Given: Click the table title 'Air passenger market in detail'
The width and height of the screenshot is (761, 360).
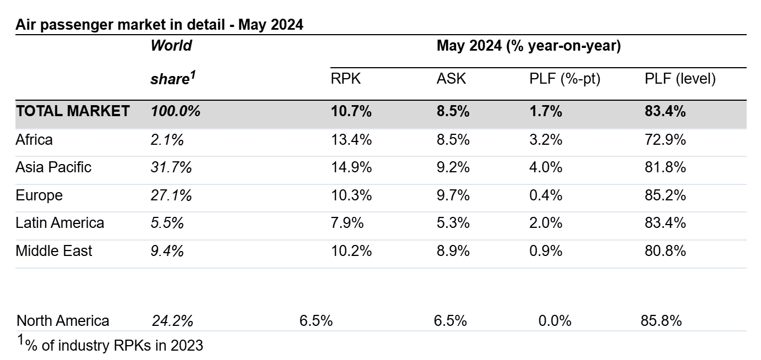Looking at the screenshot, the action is click(120, 25).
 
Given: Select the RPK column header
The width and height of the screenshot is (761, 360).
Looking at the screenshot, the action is click(345, 79).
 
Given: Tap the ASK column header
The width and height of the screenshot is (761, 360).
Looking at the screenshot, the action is click(451, 79).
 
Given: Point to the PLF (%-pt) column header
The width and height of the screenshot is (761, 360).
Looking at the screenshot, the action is click(564, 79).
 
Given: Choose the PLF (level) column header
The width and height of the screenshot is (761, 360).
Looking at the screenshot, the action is click(680, 79).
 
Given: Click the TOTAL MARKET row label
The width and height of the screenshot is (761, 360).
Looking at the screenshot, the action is click(73, 111).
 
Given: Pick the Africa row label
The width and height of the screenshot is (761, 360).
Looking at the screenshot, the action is click(34, 140).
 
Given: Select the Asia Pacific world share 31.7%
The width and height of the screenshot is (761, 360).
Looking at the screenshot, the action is click(171, 167).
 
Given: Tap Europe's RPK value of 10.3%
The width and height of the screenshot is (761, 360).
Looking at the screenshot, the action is click(351, 195).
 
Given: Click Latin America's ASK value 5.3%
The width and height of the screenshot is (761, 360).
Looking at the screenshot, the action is click(453, 223).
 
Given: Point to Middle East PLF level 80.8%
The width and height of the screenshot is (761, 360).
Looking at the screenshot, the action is click(665, 251).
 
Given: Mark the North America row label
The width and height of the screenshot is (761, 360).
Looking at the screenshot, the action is click(63, 320).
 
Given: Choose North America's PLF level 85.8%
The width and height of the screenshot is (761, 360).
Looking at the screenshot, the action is click(661, 320).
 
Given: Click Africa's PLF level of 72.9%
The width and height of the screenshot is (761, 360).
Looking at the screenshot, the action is click(665, 140).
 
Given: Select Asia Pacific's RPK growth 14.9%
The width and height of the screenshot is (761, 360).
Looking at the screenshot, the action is click(351, 167).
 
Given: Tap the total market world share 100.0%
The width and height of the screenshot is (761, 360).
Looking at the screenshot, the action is click(176, 111).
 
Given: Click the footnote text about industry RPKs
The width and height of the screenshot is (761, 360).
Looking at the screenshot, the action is click(110, 345).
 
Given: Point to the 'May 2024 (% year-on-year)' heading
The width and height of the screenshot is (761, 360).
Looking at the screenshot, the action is click(529, 46).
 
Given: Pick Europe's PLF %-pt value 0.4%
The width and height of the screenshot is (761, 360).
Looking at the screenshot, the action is click(546, 195).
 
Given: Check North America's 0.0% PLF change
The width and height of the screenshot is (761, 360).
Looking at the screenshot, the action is click(555, 320).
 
